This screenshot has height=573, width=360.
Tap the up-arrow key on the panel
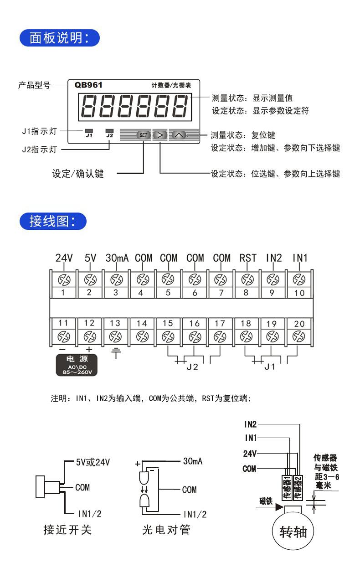[x=179, y=135]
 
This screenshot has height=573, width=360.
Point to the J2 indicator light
[x=109, y=131]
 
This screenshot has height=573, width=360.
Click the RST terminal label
[x=248, y=258]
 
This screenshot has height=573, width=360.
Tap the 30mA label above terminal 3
[x=117, y=258]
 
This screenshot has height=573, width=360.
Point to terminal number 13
[x=116, y=323]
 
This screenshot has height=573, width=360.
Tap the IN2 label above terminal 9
[x=273, y=258]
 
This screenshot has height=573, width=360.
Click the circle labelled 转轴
[x=293, y=532]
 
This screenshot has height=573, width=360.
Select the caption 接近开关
[x=68, y=531]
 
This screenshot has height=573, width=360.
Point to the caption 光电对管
[x=165, y=531]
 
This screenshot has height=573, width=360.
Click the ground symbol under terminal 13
[x=117, y=352]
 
